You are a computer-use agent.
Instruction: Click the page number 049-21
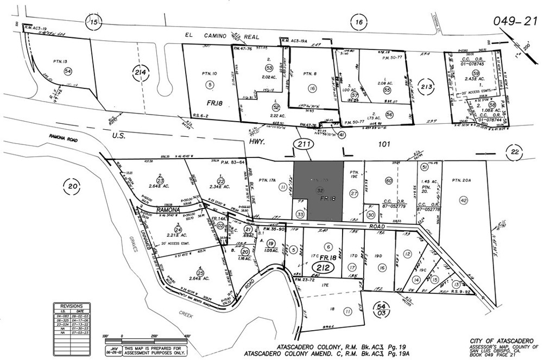pos(515,21)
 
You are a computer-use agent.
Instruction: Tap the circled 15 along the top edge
pos(94,22)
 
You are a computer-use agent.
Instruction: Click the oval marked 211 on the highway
pos(302,144)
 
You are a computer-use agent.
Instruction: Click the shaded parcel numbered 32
pos(319,191)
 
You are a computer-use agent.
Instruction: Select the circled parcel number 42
pos(463,200)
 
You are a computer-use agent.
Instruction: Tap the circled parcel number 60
pos(388,180)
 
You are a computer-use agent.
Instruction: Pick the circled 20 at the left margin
pos(73,186)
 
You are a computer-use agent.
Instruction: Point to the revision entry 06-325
pos(62,320)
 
